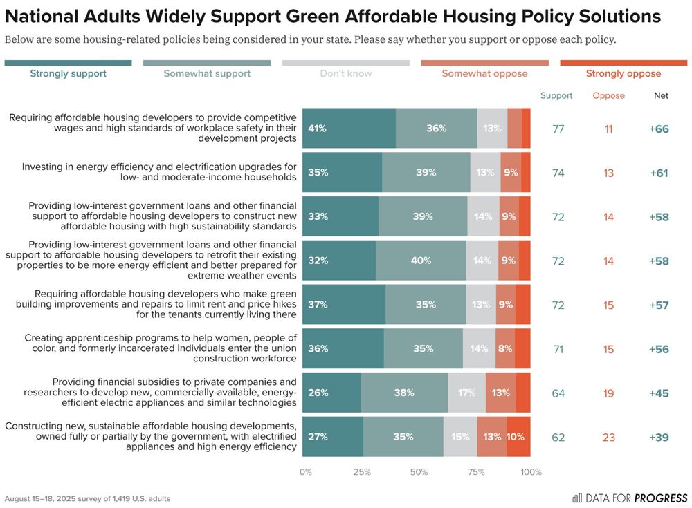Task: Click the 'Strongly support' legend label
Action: point(68,73)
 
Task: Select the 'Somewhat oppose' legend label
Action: point(484,73)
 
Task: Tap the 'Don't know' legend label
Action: point(346,73)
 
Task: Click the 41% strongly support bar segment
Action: point(349,129)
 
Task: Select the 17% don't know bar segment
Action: point(466,393)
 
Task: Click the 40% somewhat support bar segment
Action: point(421,261)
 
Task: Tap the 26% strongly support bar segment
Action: point(331,393)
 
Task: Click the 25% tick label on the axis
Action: point(362,473)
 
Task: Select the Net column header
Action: point(661,96)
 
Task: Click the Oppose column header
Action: point(608,96)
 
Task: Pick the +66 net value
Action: point(659,129)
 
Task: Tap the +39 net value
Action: point(659,438)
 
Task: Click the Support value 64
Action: point(558,393)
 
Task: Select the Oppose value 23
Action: point(608,438)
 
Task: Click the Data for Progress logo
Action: point(630,498)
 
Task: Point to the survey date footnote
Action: point(87,498)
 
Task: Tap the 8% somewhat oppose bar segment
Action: point(505,349)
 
